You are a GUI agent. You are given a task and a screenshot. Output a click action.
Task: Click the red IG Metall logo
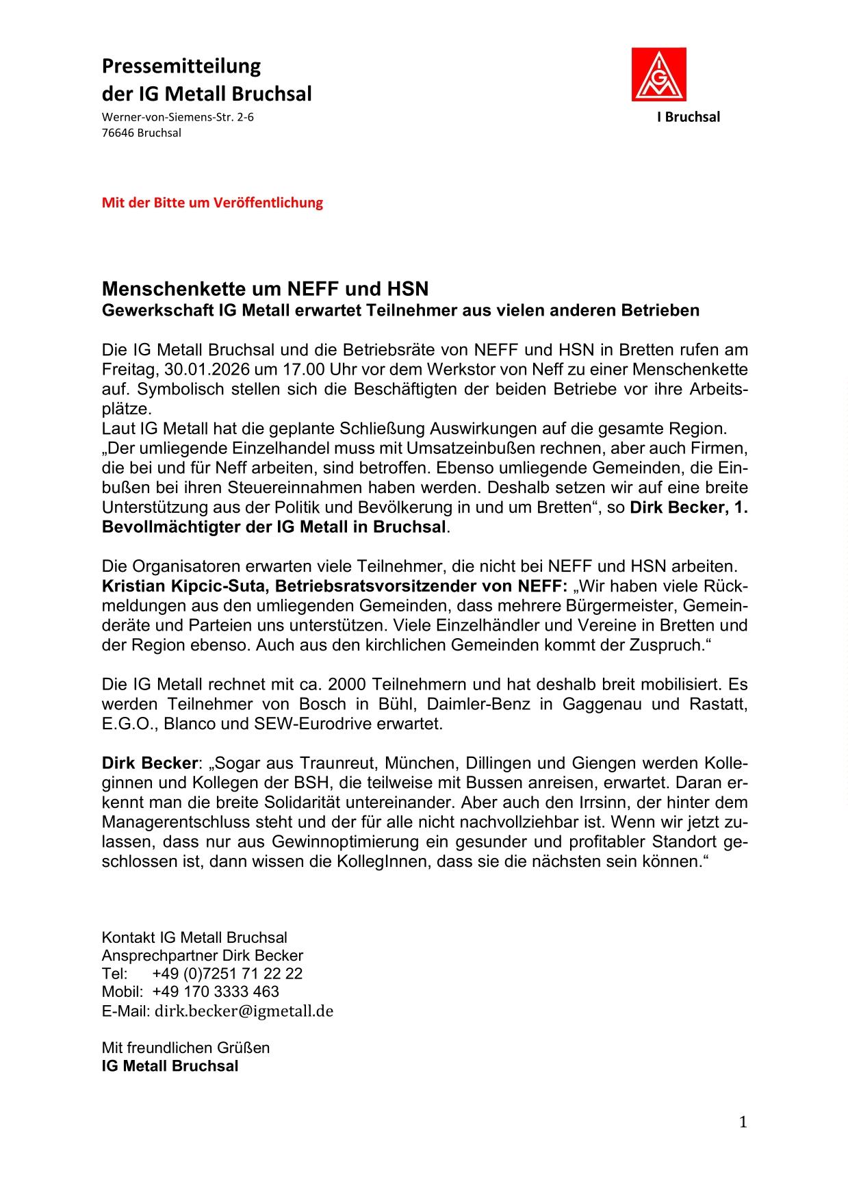coord(658,75)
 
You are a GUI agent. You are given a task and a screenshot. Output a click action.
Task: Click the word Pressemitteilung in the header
coord(181,66)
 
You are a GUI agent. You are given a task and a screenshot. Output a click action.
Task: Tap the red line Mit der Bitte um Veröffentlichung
coord(212,203)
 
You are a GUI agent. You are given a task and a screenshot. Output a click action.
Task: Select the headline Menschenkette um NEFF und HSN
coord(265,288)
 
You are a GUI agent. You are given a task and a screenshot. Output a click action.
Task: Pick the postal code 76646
coord(118,133)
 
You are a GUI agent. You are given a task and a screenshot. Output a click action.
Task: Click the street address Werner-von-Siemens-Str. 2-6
coord(177,117)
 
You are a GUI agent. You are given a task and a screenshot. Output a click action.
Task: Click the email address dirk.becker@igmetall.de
coord(244,1011)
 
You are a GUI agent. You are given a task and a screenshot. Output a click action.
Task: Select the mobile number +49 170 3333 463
coord(216,991)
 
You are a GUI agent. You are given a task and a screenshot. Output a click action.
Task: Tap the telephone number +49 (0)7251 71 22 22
coord(227,974)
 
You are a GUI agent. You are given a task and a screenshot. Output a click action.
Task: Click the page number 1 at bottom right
coord(743,1122)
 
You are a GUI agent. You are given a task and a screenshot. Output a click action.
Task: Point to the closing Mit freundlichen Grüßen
coord(185,1048)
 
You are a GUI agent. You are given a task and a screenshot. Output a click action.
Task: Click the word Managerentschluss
coord(176,822)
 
